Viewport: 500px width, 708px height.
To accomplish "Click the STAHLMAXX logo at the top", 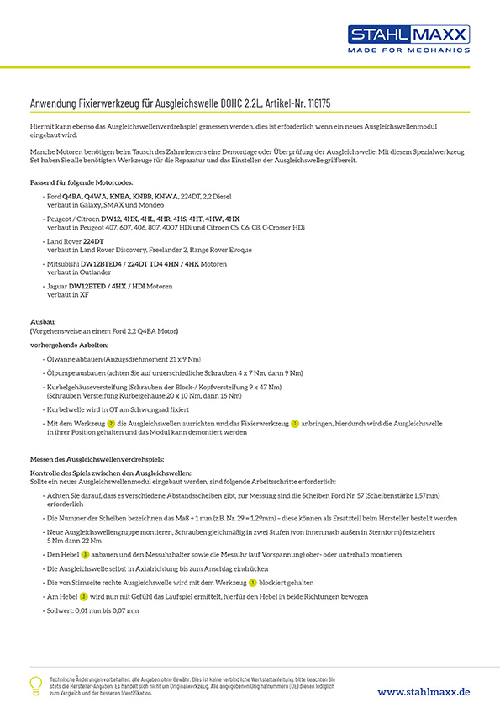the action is (x=409, y=34).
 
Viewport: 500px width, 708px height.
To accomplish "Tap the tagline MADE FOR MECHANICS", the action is (x=409, y=50).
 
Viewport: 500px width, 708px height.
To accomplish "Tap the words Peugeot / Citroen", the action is (x=73, y=219).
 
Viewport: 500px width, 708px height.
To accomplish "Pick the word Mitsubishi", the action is (x=64, y=264).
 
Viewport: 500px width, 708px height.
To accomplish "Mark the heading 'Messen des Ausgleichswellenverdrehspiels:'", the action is (x=97, y=461).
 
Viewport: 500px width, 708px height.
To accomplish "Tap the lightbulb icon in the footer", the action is (x=36, y=684).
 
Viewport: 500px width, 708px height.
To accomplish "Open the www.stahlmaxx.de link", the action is (x=424, y=690).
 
